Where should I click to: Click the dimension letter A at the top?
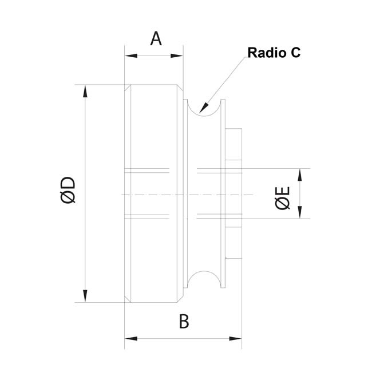pyautogui.click(x=156, y=39)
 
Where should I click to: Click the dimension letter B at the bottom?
pyautogui.click(x=184, y=322)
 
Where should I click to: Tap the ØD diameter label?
pyautogui.click(x=68, y=190)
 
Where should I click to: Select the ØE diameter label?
pyautogui.click(x=283, y=198)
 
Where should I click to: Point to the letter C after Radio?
pyautogui.click(x=295, y=53)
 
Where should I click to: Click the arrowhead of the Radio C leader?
pyautogui.click(x=204, y=108)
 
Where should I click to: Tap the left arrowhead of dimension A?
pyautogui.click(x=131, y=56)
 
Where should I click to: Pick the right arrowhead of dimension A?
pyautogui.click(x=177, y=56)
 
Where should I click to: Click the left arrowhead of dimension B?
pyautogui.click(x=131, y=339)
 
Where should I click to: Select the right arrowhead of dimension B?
pyautogui.click(x=235, y=339)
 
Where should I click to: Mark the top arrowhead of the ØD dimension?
pyautogui.click(x=85, y=91)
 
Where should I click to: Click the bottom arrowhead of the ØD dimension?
pyautogui.click(x=85, y=296)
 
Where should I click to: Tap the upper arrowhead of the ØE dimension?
pyautogui.click(x=300, y=175)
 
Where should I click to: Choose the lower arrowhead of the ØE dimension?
pyautogui.click(x=300, y=212)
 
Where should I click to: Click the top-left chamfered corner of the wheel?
pyautogui.click(x=128, y=88)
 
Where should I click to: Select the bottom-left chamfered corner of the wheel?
pyautogui.click(x=128, y=299)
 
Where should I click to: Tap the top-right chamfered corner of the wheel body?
pyautogui.click(x=180, y=88)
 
